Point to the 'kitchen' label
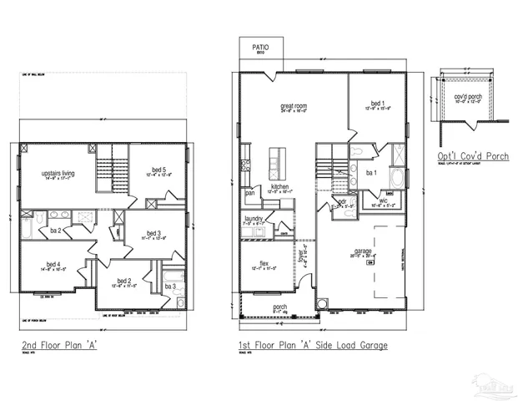click(x=279, y=186)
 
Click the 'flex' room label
click(x=263, y=262)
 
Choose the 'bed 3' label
click(x=153, y=233)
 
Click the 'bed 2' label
click(x=123, y=280)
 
